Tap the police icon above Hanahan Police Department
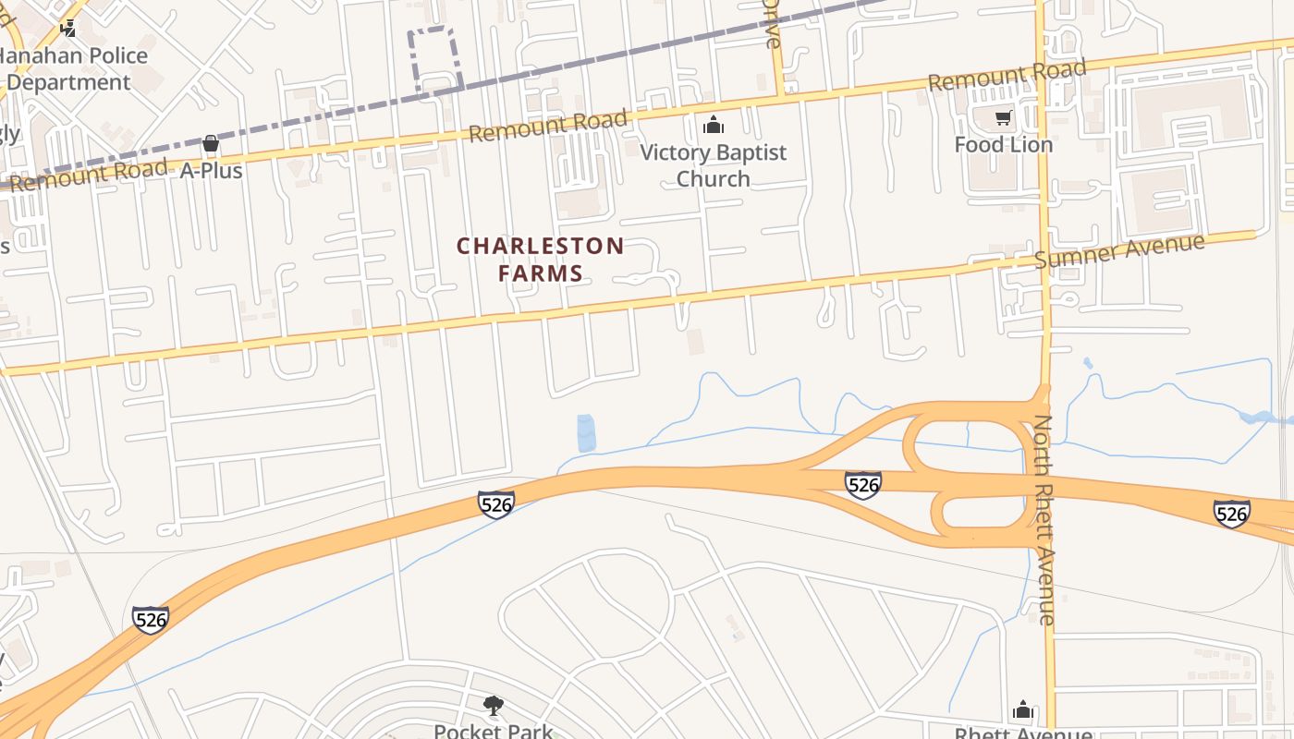point(68,28)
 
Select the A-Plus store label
point(211,171)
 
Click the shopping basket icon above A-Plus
point(211,143)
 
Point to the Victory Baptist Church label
point(713,165)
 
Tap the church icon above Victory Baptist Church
point(713,125)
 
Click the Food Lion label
point(1003,145)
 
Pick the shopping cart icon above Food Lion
point(1003,117)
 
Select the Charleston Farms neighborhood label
point(541,260)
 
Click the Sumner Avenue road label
point(1119,250)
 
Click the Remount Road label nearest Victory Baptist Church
point(547,126)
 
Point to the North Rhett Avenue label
point(1044,520)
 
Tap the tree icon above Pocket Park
point(494,706)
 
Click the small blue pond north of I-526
point(586,433)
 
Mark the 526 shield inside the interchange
point(862,484)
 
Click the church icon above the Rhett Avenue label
point(1022,709)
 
